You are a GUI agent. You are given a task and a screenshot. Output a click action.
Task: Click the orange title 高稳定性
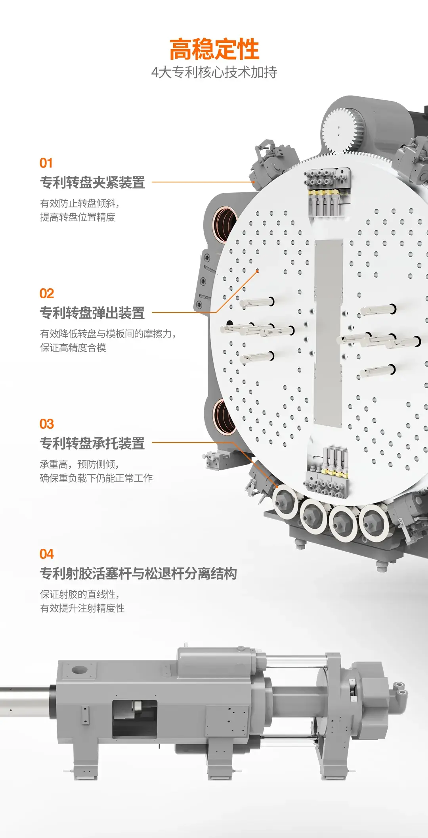coord(214,49)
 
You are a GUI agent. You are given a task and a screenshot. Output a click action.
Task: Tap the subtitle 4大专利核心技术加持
coord(214,72)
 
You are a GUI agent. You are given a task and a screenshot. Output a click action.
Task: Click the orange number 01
coord(46,163)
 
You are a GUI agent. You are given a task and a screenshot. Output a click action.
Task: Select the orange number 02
coord(47,293)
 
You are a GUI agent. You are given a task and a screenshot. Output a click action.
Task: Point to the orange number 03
coord(47,424)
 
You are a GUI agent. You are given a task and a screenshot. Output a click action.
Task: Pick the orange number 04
coord(47,554)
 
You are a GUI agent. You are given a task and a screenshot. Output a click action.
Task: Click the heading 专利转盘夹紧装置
coord(92,182)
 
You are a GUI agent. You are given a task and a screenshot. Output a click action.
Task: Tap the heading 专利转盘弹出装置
coord(92,313)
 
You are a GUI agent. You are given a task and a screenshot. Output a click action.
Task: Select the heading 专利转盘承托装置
coord(92,443)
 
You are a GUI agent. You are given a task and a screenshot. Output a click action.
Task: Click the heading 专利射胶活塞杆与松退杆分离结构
coord(138,573)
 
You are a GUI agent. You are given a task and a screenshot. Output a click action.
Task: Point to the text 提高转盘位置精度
coord(78,217)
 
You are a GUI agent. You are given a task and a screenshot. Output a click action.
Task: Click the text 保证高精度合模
coord(73,348)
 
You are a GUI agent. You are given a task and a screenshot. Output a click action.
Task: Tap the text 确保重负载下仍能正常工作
coord(96,478)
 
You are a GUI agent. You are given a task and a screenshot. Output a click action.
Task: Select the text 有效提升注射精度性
coord(82,608)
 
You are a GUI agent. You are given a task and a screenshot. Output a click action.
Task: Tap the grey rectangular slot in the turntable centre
coord(328,333)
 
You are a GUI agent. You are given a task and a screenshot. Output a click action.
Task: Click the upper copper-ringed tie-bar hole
coord(224,224)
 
